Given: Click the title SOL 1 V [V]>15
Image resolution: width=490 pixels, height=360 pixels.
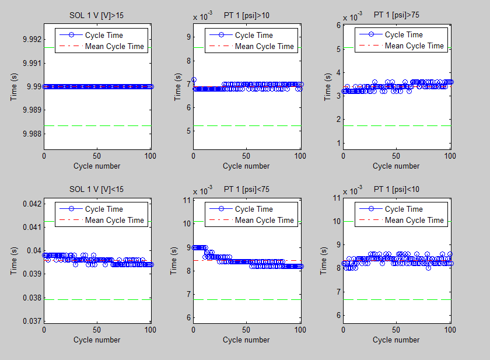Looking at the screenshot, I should (97, 15).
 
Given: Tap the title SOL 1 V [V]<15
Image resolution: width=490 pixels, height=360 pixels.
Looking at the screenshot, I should (97, 188).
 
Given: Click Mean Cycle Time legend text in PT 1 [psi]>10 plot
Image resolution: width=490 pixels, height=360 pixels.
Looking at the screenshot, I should (264, 46).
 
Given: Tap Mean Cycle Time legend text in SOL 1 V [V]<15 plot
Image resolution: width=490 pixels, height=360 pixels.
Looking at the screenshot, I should (114, 220).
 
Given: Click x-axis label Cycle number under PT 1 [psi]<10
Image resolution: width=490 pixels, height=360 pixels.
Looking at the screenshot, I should (396, 340).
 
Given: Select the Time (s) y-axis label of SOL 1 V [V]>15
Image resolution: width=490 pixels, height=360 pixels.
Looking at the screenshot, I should (13, 86).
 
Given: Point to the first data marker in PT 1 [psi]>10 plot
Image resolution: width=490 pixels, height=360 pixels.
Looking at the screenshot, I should (194, 80).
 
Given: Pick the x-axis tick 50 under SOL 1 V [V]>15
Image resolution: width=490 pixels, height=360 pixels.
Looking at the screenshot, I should (97, 156).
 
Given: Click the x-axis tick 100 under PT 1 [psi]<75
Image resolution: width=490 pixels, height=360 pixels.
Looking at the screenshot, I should (300, 330).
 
